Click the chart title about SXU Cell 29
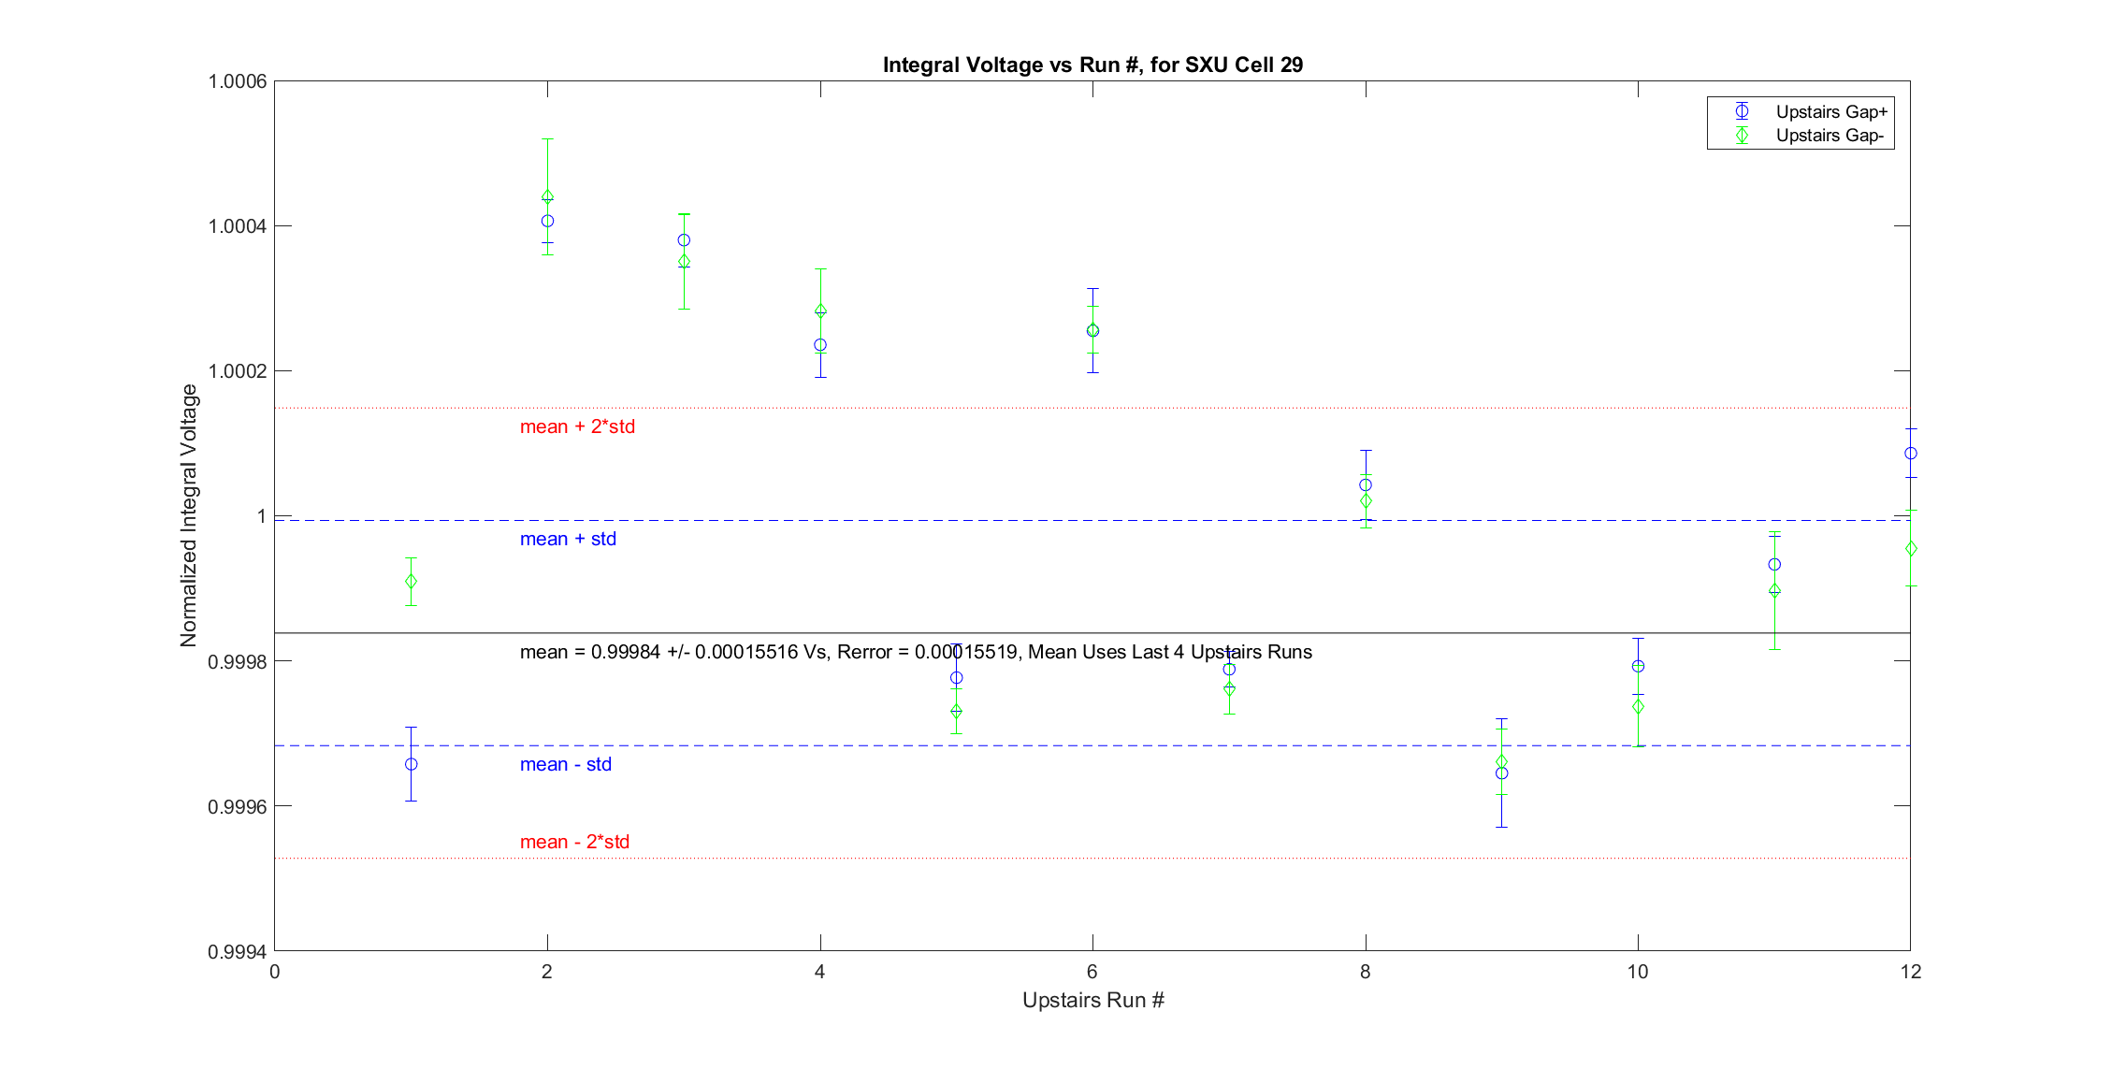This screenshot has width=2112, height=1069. (x=1092, y=65)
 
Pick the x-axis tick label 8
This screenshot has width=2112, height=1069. (x=1366, y=972)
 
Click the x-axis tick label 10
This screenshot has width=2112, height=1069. (x=1638, y=972)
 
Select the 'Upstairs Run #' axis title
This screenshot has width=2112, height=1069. (x=1092, y=1000)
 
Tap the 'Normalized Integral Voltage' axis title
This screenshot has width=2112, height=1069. (x=189, y=515)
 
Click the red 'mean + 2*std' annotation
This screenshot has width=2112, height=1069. (x=577, y=426)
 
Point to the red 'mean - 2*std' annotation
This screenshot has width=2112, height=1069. (x=574, y=842)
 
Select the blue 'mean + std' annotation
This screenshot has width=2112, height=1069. (x=568, y=539)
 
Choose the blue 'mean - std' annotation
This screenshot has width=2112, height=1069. (x=565, y=764)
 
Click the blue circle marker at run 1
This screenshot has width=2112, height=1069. (x=412, y=764)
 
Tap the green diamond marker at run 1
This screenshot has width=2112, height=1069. (x=412, y=582)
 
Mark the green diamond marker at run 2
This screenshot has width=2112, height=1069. (x=547, y=196)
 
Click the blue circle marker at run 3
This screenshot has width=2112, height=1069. (x=684, y=240)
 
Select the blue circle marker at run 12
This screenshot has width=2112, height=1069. (x=1911, y=454)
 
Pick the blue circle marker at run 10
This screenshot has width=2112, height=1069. (x=1638, y=666)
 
